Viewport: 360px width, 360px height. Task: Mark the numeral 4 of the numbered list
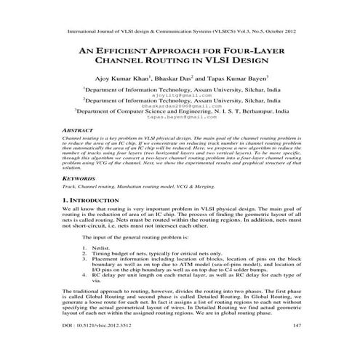click(x=84, y=277)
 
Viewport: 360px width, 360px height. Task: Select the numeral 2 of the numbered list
click(x=84, y=252)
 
